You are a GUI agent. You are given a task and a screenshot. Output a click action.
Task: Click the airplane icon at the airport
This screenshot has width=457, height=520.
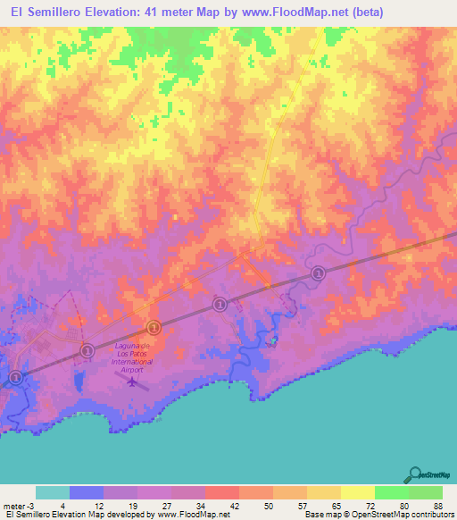(133, 382)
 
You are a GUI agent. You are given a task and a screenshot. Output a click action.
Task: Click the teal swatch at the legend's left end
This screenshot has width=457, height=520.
(53, 492)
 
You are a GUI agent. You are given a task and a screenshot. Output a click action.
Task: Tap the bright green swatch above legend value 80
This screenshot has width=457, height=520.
(391, 492)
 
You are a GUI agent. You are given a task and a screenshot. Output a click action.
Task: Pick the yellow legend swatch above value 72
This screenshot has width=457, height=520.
(357, 492)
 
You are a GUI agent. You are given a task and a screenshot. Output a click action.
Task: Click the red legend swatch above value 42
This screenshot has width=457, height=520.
(221, 492)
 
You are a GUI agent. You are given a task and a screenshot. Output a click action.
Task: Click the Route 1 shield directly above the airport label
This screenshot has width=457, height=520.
(154, 327)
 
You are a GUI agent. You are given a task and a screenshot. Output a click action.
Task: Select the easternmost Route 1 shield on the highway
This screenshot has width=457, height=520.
(317, 272)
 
